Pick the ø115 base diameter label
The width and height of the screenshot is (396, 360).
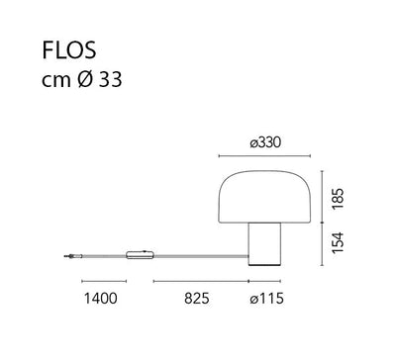263,297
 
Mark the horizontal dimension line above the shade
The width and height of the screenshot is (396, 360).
264,154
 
